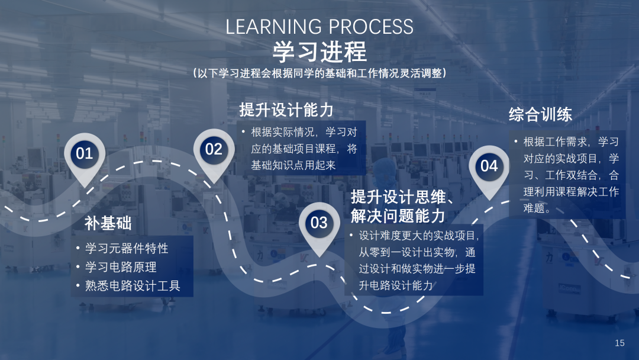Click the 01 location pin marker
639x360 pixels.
pyautogui.click(x=85, y=157)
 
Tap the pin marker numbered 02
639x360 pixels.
pyautogui.click(x=214, y=153)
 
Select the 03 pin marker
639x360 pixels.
pyautogui.click(x=319, y=226)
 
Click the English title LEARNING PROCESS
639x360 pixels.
pyautogui.click(x=319, y=27)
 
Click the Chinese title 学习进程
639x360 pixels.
pyautogui.click(x=319, y=52)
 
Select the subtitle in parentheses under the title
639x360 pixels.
pyautogui.click(x=319, y=73)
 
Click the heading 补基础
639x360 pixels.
pyautogui.click(x=108, y=223)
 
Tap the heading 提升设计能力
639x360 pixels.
pyautogui.click(x=286, y=110)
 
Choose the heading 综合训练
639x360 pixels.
pyautogui.click(x=540, y=114)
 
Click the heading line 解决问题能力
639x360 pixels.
pyautogui.click(x=398, y=216)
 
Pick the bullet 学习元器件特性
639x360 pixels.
pyautogui.click(x=127, y=248)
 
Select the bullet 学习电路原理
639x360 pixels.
pyautogui.click(x=121, y=267)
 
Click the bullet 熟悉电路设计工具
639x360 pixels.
pyautogui.click(x=133, y=286)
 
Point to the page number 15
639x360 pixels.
pyautogui.click(x=619, y=343)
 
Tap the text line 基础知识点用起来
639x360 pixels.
pyautogui.click(x=293, y=165)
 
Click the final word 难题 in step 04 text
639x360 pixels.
pyautogui.click(x=534, y=208)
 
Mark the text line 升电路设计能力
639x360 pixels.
pyautogui.click(x=396, y=285)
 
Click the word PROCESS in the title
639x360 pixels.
pyautogui.click(x=371, y=27)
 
